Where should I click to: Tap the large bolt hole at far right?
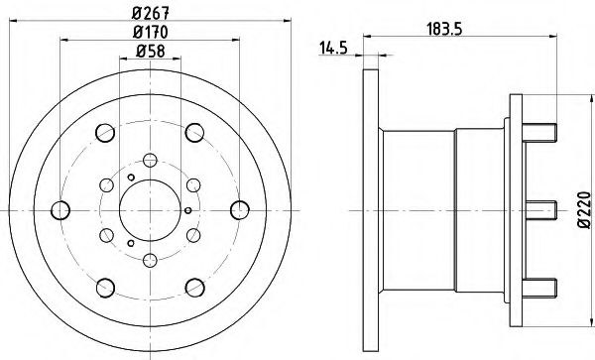coord(236,209)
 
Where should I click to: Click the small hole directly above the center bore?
coord(149,159)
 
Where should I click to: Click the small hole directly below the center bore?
coord(149,260)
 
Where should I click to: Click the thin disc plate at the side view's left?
coord(371,209)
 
